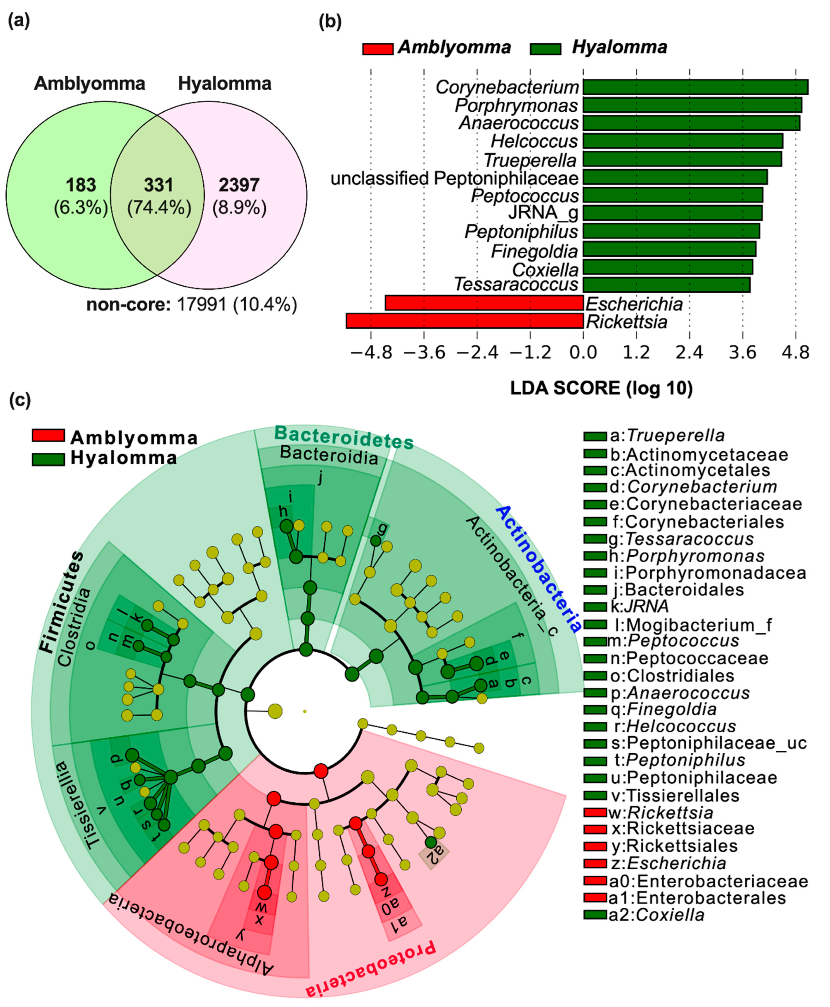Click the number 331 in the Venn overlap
tap(158, 185)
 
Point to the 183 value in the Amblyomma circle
tap(81, 185)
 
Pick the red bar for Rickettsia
tap(464, 321)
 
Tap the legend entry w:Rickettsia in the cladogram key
tap(660, 812)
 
